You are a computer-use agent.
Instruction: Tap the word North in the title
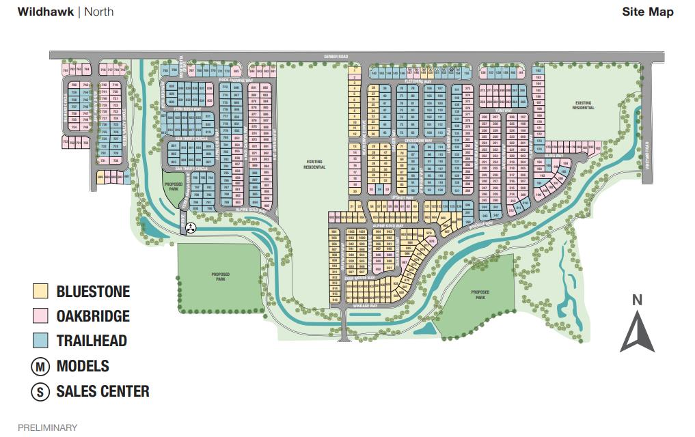[x=99, y=12]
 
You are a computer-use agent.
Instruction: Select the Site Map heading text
[x=647, y=12]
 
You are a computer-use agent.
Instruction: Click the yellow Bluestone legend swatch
[x=41, y=292]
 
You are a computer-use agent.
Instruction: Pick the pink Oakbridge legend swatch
[x=41, y=316]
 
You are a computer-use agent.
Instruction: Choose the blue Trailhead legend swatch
[x=41, y=341]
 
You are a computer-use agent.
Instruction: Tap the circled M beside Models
[x=41, y=366]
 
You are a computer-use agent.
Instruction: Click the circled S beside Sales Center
[x=41, y=392]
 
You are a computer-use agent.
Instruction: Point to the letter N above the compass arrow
[x=637, y=299]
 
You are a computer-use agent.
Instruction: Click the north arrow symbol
[x=637, y=333]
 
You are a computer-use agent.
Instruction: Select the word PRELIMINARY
[x=47, y=427]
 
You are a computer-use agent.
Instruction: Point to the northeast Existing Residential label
[x=583, y=105]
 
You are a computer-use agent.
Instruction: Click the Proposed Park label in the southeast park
[x=480, y=295]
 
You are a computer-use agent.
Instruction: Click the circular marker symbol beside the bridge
[x=192, y=228]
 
